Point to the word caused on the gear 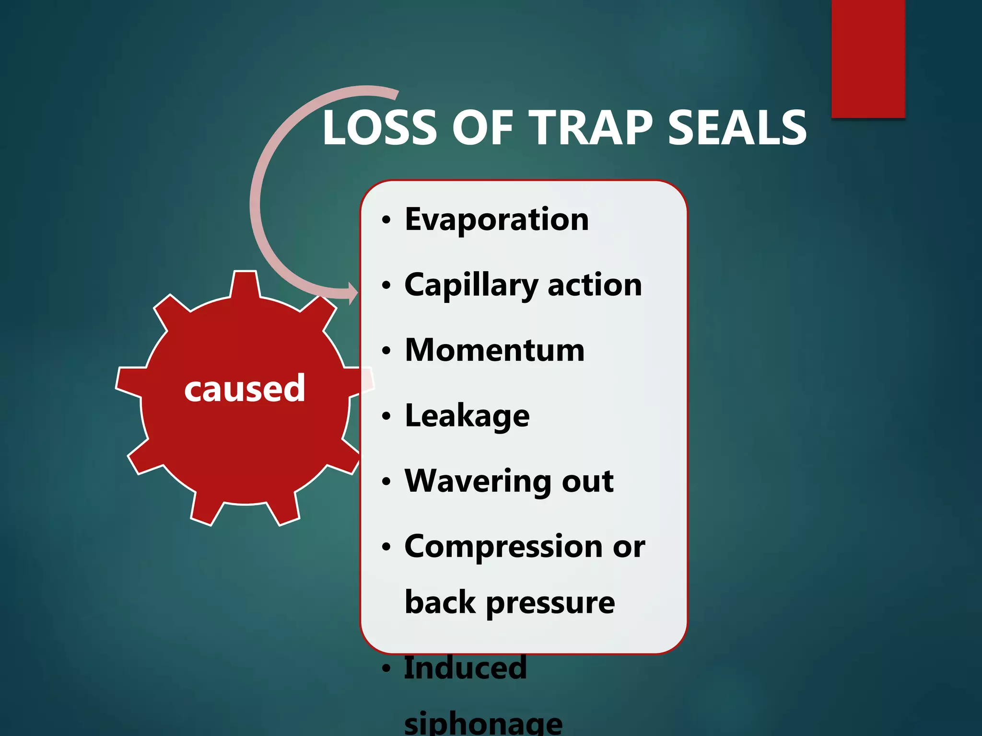click(245, 388)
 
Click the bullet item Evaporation click(497, 219)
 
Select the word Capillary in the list click(471, 286)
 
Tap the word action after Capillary click(595, 286)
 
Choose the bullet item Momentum click(495, 350)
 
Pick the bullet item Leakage click(467, 415)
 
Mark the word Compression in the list click(503, 546)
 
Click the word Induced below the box click(465, 668)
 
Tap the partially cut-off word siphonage click(483, 724)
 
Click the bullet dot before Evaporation click(386, 220)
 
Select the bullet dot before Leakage click(386, 416)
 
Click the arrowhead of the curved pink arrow click(353, 292)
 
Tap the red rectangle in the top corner click(868, 57)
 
